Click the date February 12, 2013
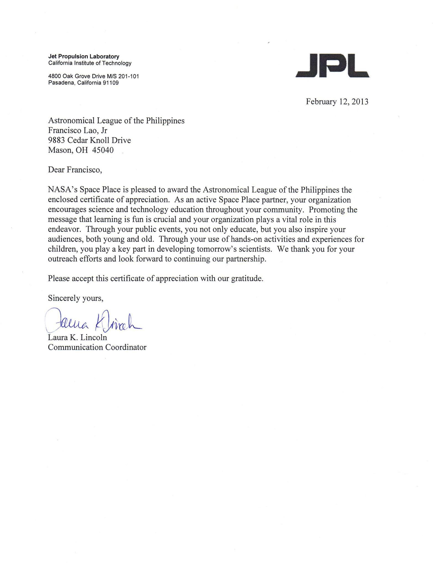click(x=337, y=102)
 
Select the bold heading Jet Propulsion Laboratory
click(x=84, y=57)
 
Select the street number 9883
click(x=56, y=140)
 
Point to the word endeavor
click(x=65, y=230)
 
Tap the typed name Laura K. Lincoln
click(x=77, y=337)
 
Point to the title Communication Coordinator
click(x=97, y=347)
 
